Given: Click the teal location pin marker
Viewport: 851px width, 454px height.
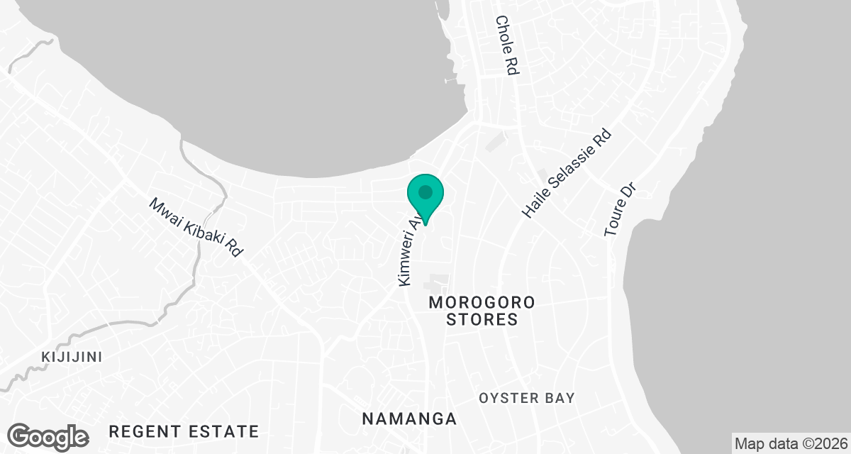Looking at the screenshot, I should pyautogui.click(x=425, y=197).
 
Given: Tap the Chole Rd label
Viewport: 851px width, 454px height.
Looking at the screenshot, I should pyautogui.click(x=508, y=45).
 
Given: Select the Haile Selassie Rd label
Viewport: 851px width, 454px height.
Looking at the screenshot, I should pyautogui.click(x=566, y=174).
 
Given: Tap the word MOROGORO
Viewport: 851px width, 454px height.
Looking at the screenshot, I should pyautogui.click(x=482, y=303).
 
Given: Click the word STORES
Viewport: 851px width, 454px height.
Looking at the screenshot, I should pyautogui.click(x=482, y=320).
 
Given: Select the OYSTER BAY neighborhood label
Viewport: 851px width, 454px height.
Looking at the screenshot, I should pyautogui.click(x=526, y=398).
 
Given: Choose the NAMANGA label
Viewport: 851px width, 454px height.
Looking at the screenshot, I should pyautogui.click(x=409, y=419).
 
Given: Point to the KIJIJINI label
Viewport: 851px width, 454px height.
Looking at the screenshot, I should pyautogui.click(x=72, y=356).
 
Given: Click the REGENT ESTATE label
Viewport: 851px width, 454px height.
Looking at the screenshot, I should pyautogui.click(x=184, y=431).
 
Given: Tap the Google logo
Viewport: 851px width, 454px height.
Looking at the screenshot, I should pyautogui.click(x=48, y=436).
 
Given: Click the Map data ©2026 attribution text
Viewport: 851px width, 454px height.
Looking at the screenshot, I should pyautogui.click(x=790, y=444).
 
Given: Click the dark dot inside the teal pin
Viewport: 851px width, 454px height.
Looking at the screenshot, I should pyautogui.click(x=425, y=192).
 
